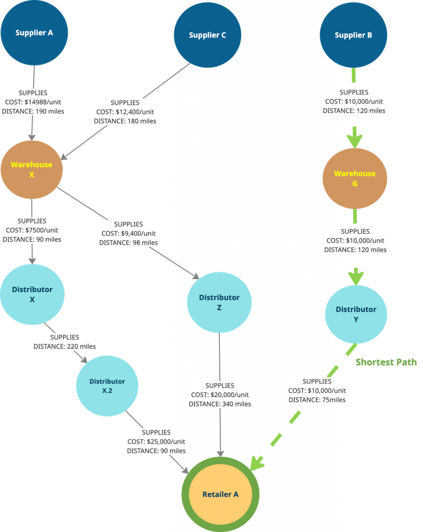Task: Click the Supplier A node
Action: point(34,33)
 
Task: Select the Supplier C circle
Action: point(207,35)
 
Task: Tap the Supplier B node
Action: point(353,35)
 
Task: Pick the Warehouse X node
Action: point(32,170)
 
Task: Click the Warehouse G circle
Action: point(355,179)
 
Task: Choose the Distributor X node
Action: point(32,295)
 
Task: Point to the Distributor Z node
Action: point(219,302)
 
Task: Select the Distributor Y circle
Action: point(356,314)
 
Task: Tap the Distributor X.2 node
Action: point(107,386)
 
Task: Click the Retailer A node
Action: point(220,495)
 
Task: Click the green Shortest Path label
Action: point(386,362)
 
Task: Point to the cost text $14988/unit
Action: point(43,102)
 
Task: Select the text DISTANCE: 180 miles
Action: point(125,121)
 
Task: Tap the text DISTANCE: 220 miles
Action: point(64,347)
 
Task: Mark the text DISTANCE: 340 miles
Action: point(220,404)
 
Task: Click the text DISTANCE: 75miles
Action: point(317,400)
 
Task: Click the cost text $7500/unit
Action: point(42,230)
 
